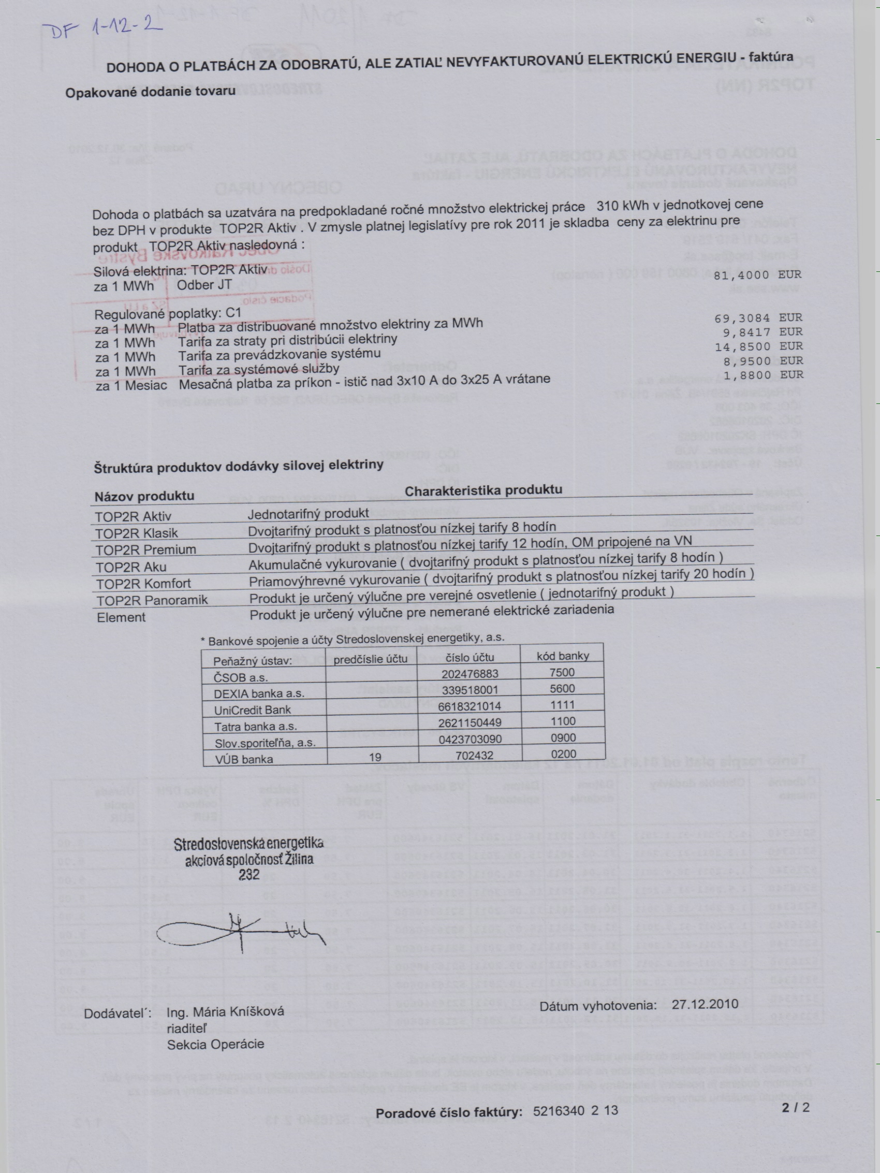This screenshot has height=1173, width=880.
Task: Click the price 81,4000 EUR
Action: (757, 275)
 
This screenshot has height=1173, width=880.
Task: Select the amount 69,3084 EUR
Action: (758, 318)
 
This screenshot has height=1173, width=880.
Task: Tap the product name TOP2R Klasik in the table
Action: (137, 533)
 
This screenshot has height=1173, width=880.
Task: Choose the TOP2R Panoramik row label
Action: (152, 600)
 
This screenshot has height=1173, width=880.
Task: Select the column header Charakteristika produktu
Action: (483, 490)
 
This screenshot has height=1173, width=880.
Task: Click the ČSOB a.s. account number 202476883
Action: (470, 673)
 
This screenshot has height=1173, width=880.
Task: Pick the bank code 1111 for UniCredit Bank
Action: (563, 705)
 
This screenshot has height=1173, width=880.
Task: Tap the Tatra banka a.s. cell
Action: (256, 727)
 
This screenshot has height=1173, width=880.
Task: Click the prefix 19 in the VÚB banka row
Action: (375, 757)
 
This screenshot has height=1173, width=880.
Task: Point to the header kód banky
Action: (563, 656)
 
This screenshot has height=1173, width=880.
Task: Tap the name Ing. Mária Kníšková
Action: (225, 1011)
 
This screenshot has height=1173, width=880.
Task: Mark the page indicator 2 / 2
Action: (795, 1107)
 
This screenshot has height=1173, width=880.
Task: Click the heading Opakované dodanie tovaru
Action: (150, 91)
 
